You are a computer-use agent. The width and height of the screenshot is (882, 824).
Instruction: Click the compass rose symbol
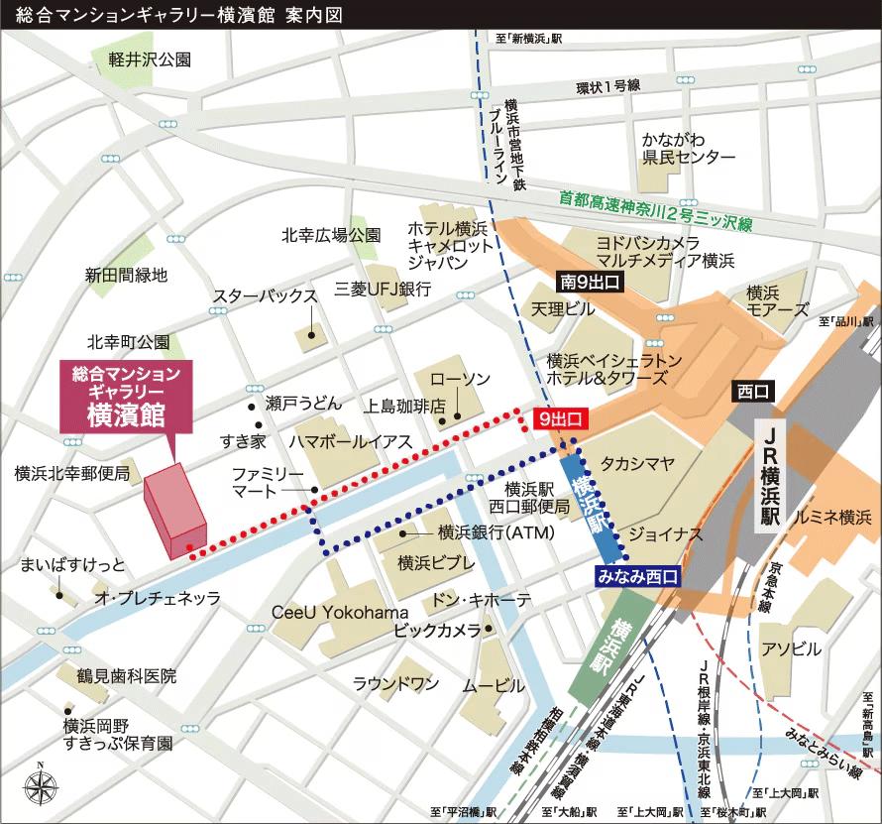coord(40,786)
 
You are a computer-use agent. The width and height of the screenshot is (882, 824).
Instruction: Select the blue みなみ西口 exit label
coord(636,574)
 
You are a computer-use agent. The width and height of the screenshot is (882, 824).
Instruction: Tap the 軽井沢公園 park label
coord(151,59)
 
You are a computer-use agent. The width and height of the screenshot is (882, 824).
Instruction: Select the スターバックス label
coord(265,296)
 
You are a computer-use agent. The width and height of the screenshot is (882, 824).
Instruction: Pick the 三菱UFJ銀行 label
coord(383,289)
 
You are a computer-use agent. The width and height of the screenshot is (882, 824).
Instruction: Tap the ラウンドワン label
coord(396,683)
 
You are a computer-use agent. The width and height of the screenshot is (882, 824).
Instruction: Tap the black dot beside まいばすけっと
coord(60,597)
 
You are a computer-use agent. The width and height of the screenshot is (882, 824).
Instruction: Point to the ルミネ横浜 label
coord(827,517)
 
